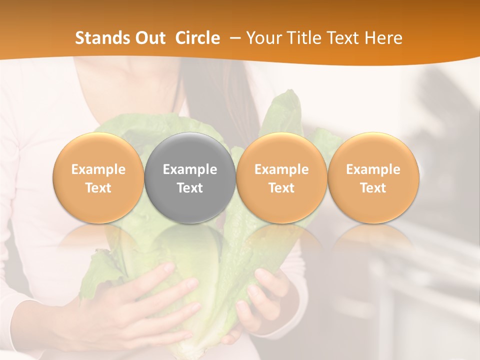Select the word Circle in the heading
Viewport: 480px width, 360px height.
coord(197,38)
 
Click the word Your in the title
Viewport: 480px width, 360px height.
coord(263,38)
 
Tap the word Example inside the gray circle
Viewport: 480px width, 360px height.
coord(190,169)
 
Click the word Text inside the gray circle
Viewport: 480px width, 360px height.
coord(190,188)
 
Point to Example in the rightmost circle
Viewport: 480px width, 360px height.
coord(373,169)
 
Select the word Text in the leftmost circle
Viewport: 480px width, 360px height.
coord(98,188)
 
